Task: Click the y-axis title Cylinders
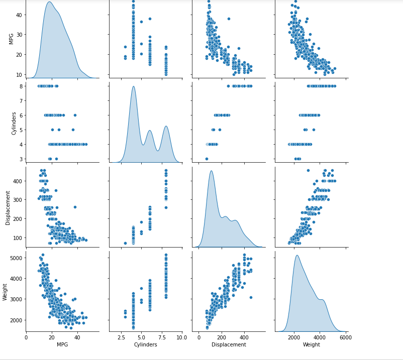click(x=14, y=123)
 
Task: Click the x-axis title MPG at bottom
click(x=62, y=344)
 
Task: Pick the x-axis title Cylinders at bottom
click(x=146, y=344)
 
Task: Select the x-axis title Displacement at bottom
click(x=229, y=344)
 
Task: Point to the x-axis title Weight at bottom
click(x=312, y=344)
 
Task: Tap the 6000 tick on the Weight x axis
click(x=345, y=337)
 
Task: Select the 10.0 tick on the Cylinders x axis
click(x=182, y=337)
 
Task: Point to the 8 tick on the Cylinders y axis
click(x=21, y=86)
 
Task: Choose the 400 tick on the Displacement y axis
click(x=18, y=181)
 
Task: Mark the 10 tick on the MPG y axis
click(x=19, y=74)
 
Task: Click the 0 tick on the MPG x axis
click(x=26, y=337)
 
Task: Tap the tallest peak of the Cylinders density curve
click(x=133, y=86)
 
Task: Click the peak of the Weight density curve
click(x=297, y=256)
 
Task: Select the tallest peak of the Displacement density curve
click(x=211, y=171)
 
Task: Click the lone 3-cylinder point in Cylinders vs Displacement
click(x=207, y=159)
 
